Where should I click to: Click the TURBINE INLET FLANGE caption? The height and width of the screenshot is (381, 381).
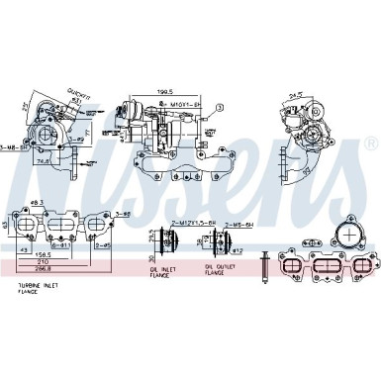pos(39,288)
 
